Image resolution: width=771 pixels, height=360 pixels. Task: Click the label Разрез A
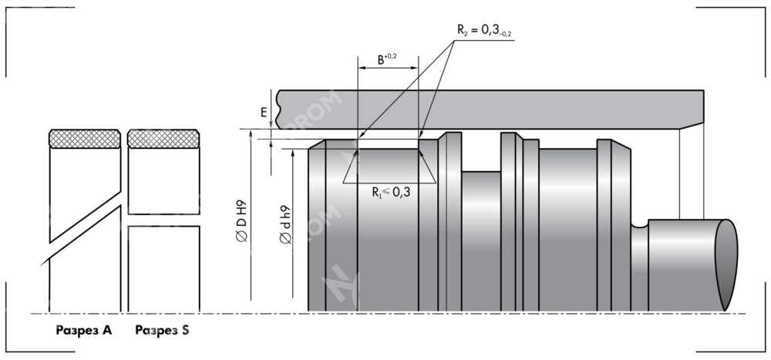pyautogui.click(x=83, y=331)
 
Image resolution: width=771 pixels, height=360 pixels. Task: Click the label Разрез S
pyautogui.click(x=163, y=331)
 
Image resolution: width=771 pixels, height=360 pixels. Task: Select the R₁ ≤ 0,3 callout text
pyautogui.click(x=390, y=192)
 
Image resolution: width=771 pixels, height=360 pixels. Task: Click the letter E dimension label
pyautogui.click(x=264, y=113)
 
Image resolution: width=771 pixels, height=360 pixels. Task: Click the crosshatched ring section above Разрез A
pyautogui.click(x=85, y=138)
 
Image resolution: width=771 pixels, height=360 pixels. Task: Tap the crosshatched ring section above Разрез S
pyautogui.click(x=163, y=138)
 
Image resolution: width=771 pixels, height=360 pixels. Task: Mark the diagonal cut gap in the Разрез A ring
pyautogui.click(x=85, y=224)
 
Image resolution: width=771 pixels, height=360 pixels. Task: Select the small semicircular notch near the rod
pyautogui.click(x=638, y=225)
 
